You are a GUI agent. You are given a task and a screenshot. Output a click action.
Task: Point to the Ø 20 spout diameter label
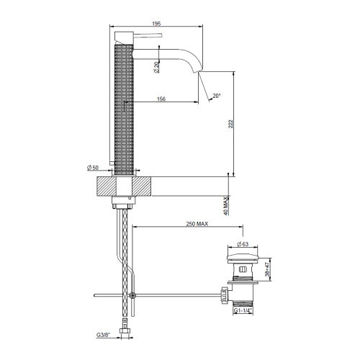(x=157, y=67)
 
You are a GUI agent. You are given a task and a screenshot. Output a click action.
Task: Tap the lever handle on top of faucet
(x=148, y=34)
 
